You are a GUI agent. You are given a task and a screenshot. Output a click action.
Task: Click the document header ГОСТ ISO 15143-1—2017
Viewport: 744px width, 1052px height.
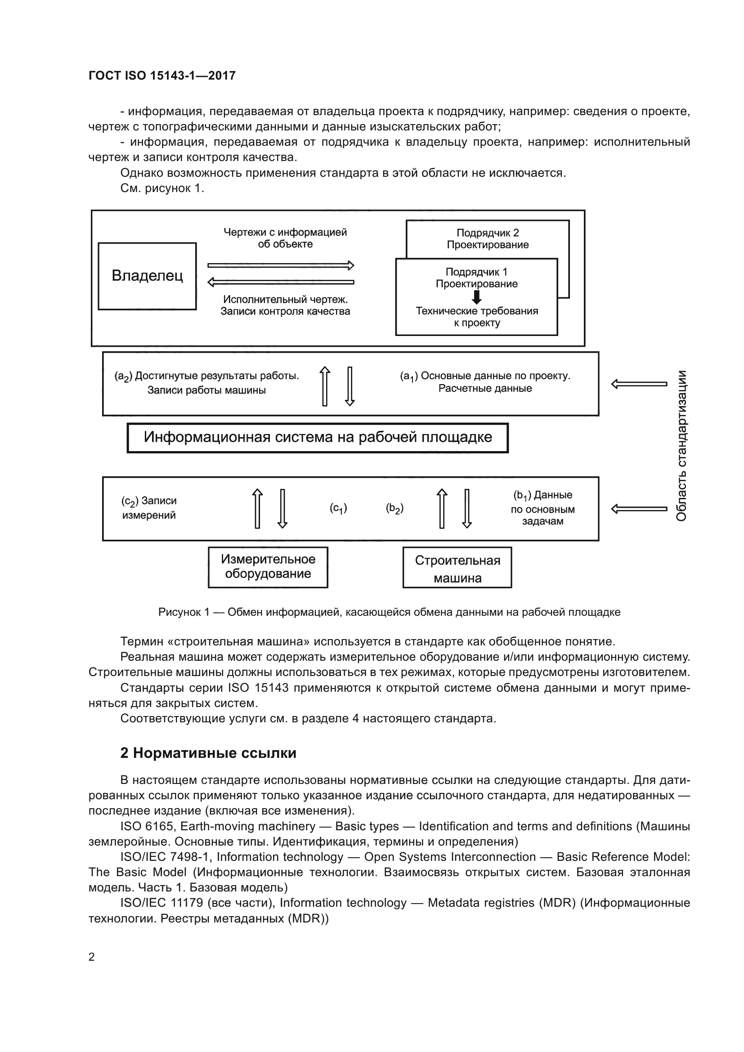pos(162,76)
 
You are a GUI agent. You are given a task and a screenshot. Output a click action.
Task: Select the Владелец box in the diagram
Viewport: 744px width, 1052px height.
pos(147,276)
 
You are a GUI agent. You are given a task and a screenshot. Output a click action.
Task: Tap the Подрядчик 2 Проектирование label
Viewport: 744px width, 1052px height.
pos(488,239)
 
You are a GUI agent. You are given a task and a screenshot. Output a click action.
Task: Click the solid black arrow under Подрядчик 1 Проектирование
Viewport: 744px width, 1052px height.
pos(476,297)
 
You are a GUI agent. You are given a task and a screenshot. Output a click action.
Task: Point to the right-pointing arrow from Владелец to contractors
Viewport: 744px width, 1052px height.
pos(280,265)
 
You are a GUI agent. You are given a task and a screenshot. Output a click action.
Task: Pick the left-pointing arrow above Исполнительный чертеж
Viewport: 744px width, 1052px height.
pos(280,282)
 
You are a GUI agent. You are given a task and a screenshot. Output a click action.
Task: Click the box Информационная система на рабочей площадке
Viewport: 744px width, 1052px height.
pos(318,438)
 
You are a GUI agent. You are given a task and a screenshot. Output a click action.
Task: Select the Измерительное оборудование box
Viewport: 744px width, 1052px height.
pos(268,567)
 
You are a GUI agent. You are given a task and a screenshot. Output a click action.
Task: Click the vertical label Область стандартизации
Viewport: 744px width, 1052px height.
pos(681,445)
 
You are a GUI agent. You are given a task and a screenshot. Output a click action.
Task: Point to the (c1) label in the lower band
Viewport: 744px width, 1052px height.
pos(338,508)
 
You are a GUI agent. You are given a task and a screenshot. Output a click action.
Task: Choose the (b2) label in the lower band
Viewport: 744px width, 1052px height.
pos(394,508)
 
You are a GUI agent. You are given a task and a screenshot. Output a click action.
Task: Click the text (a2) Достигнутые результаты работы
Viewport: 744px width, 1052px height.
pos(206,376)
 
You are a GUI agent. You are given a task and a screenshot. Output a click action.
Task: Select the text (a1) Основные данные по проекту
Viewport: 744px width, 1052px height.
pos(485,376)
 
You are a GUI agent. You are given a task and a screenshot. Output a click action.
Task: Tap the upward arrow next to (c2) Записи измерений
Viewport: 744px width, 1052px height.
pos(257,509)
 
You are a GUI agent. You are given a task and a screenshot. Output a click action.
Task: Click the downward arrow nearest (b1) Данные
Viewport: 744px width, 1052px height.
pos(467,509)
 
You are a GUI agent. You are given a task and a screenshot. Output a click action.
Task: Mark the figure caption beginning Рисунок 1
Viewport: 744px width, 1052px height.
pos(389,612)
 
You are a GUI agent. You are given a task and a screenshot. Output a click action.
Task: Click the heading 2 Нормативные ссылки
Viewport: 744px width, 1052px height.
pos(208,753)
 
